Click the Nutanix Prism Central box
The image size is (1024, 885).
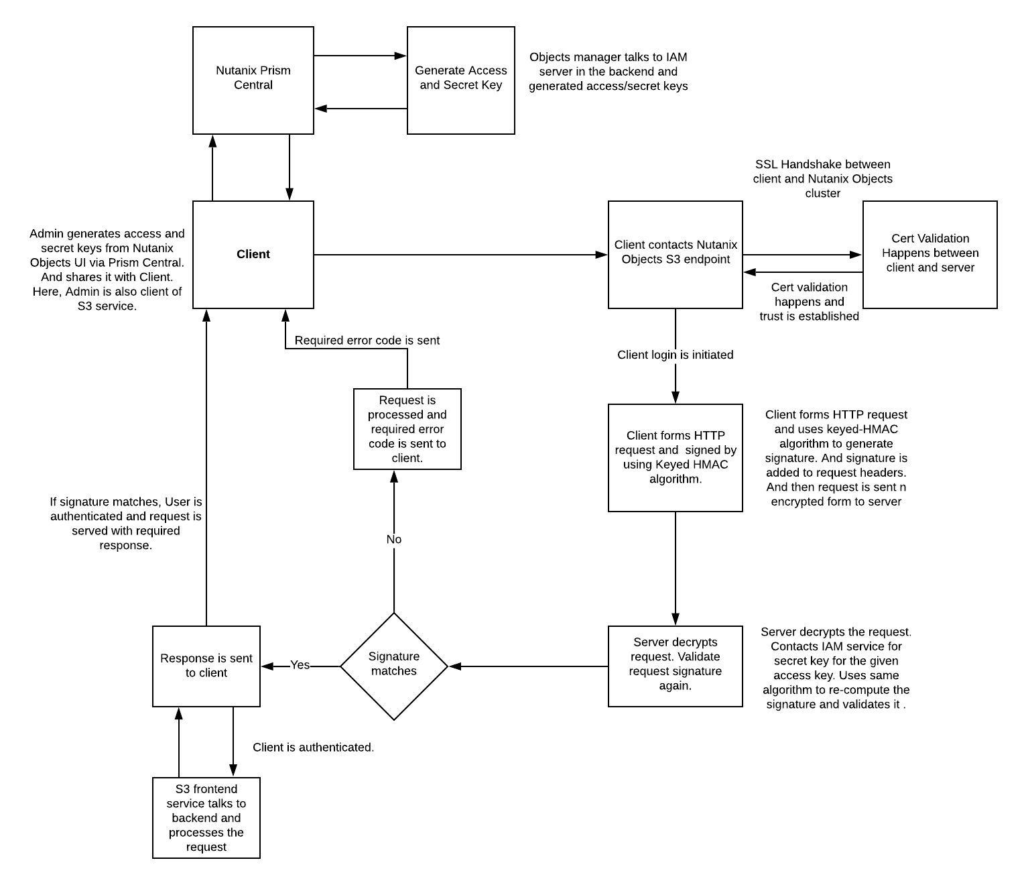pos(253,80)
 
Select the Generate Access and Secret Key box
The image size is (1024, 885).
pos(460,80)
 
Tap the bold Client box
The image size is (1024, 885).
pos(253,255)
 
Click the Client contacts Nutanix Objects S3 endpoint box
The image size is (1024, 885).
pos(676,255)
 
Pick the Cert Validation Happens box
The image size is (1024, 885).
pos(930,255)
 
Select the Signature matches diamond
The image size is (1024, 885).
pos(394,666)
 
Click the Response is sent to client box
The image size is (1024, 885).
pos(206,666)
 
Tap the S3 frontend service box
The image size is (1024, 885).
pos(206,817)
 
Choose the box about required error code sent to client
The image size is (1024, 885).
pos(407,429)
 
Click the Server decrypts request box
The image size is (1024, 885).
pos(676,666)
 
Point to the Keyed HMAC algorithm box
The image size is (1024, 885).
pos(676,458)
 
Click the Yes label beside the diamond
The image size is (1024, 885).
pos(300,665)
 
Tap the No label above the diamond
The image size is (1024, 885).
pos(394,539)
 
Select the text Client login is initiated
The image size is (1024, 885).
pos(676,355)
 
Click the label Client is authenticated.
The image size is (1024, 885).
pos(313,748)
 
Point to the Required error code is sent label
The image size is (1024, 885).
pos(367,341)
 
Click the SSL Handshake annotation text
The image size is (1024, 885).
pos(823,179)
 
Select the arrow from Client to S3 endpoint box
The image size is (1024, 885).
pos(460,255)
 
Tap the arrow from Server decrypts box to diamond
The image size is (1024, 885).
pos(528,666)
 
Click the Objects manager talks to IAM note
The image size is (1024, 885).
pos(609,72)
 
